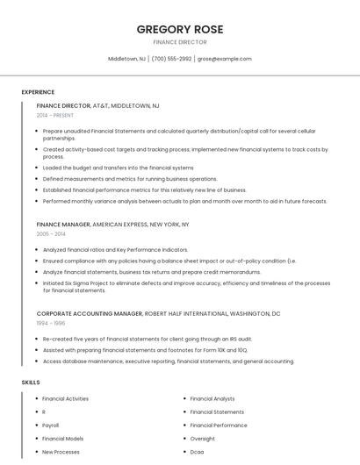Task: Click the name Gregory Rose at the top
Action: point(180,29)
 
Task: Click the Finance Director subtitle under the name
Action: point(180,42)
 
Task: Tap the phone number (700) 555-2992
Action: point(171,59)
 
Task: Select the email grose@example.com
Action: point(225,59)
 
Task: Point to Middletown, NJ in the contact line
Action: point(126,59)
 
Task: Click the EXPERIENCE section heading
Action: point(38,92)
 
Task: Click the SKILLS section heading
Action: point(31,383)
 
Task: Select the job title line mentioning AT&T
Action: point(97,105)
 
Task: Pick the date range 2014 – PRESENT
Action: point(55,115)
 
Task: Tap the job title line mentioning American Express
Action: point(112,225)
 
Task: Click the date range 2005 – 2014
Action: point(51,234)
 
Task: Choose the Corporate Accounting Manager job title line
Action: point(158,313)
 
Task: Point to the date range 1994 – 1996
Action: point(51,323)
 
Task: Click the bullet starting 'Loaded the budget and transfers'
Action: point(118,168)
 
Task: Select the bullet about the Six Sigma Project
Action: point(186,287)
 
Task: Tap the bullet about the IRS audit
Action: point(147,339)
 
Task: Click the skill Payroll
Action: point(51,425)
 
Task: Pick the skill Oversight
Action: point(202,438)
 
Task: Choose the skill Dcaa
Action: point(198,452)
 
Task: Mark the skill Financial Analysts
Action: point(212,398)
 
